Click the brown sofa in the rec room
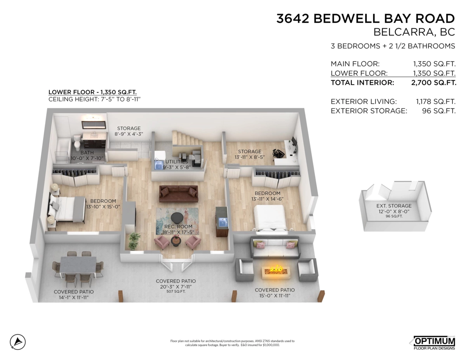[x=178, y=193]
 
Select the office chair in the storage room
[x=278, y=153]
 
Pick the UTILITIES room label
[x=177, y=162]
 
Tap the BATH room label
[x=87, y=153]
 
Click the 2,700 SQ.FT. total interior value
[x=433, y=83]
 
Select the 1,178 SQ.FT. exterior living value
[x=435, y=101]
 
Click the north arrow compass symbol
[x=18, y=342]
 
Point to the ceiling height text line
[x=94, y=99]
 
